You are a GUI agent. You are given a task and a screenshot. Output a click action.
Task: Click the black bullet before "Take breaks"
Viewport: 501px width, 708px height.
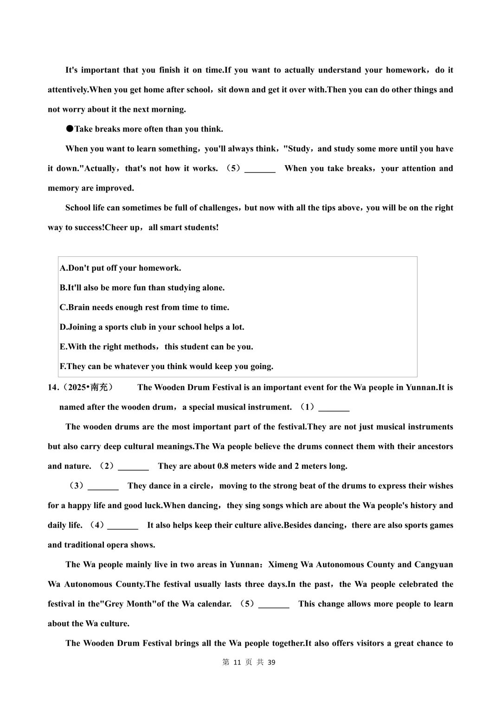[x=70, y=129]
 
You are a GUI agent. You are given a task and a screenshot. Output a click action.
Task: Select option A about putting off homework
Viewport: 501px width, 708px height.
[x=120, y=268]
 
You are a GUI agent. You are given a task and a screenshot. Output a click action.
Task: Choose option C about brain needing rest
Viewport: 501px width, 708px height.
[x=144, y=307]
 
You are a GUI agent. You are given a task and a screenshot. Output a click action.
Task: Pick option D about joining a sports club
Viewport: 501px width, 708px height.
[x=152, y=327]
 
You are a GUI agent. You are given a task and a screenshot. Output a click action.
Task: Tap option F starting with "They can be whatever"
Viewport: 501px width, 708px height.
[x=167, y=366]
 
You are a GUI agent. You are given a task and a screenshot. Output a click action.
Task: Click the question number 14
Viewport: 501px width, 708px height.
[x=52, y=388]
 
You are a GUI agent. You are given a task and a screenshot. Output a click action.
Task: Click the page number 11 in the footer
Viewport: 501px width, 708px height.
[x=237, y=663]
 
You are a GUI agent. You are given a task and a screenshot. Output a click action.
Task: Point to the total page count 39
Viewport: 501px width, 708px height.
[x=271, y=663]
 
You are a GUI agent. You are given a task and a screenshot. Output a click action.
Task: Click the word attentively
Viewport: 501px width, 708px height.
[x=68, y=90]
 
